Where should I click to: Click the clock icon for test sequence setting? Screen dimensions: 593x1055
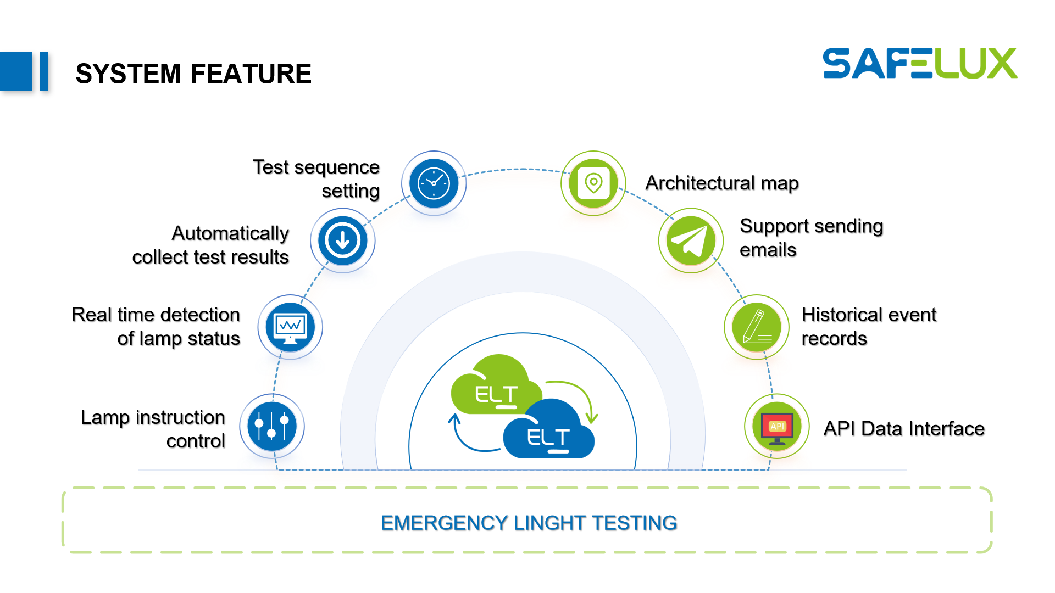434,183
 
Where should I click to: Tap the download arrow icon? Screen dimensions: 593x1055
342,240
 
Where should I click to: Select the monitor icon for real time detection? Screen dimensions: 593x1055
290,327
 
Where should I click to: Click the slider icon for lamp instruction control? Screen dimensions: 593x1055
272,427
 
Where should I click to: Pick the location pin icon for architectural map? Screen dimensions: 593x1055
593,183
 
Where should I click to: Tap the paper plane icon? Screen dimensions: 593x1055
691,240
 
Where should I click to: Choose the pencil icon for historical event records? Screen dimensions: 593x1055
757,327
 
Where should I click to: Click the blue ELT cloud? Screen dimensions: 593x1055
548,434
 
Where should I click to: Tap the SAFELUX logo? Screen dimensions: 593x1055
920,64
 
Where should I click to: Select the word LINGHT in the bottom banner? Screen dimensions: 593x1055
549,523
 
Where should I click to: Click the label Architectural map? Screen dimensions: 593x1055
722,183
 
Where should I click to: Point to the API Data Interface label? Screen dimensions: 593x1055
904,428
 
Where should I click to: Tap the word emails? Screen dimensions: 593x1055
768,250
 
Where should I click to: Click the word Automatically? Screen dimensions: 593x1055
230,233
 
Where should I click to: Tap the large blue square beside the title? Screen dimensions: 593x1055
16,71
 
